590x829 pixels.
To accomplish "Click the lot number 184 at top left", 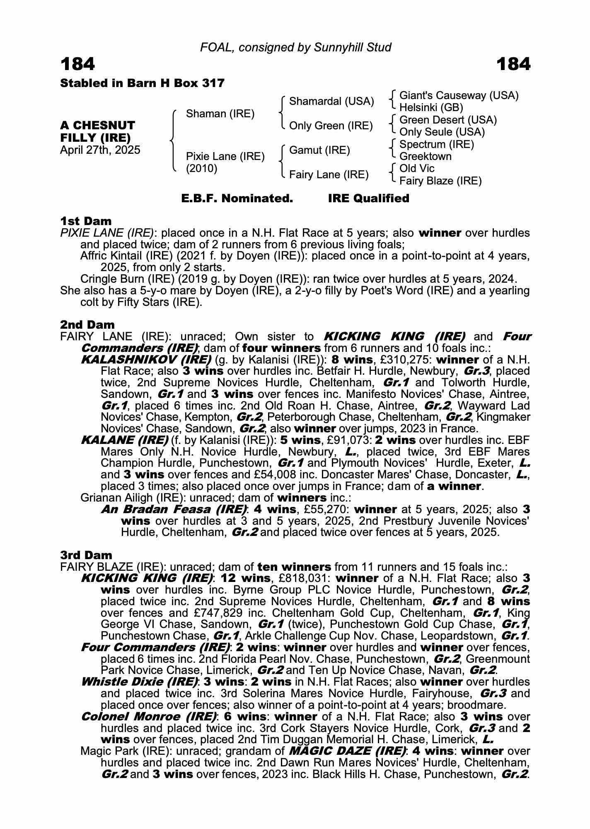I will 77,64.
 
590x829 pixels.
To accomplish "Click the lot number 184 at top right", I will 513,64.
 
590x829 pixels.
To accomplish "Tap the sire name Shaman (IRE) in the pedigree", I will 220,114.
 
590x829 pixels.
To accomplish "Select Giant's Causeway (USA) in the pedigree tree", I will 459,96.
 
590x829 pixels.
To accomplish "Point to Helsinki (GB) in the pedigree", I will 431,108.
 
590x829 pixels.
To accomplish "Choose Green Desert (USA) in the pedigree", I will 448,120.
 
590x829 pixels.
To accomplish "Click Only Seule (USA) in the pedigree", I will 442,132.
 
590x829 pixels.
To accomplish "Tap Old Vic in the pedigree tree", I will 416,168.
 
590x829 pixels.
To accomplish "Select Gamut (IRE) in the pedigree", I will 319,150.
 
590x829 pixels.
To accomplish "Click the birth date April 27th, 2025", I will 100,150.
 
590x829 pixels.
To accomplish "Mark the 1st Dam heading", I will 86,221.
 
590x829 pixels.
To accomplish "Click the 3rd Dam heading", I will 86,555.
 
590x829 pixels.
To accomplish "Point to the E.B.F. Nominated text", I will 237,199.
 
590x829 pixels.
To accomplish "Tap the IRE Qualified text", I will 368,199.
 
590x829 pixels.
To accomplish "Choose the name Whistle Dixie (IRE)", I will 139,682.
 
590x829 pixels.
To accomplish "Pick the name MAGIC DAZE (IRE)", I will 347,751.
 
